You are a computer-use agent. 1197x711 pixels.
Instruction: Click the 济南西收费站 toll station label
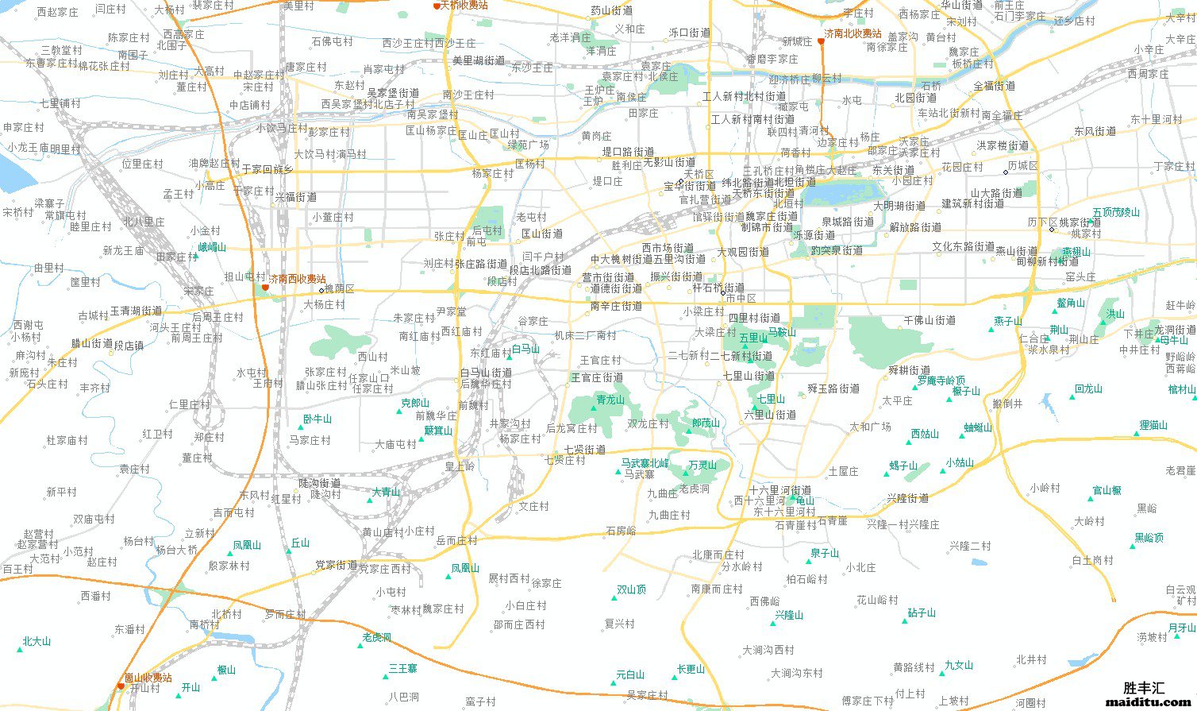(298, 280)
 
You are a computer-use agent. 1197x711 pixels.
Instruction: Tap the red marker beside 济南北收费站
(821, 41)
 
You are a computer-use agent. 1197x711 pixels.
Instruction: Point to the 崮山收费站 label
(148, 678)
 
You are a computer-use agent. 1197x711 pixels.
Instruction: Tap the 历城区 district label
(1022, 166)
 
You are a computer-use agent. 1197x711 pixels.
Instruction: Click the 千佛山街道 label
(930, 320)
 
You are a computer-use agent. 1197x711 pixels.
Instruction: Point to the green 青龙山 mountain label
(610, 400)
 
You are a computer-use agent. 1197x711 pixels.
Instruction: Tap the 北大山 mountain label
(37, 641)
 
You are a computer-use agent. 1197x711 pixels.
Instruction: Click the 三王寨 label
(402, 669)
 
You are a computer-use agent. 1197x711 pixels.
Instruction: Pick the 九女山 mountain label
(959, 666)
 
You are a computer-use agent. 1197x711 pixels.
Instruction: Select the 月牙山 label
(1181, 628)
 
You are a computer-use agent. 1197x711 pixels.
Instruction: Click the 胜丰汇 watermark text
(1144, 687)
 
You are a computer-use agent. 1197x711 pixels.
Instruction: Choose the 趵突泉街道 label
(837, 250)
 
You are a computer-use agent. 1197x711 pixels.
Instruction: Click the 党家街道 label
(336, 566)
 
